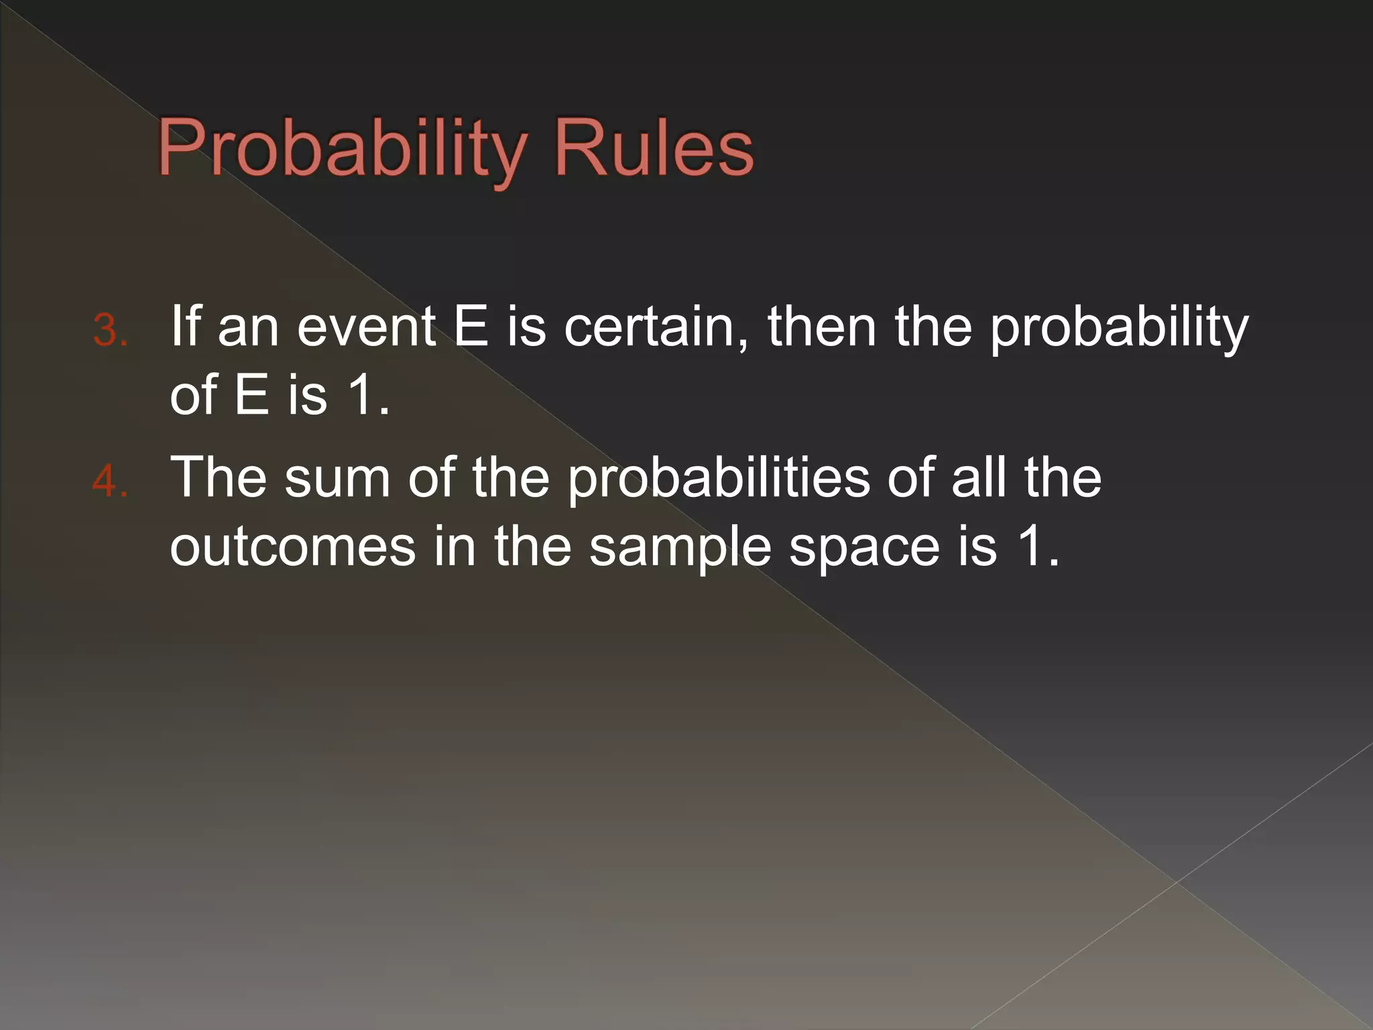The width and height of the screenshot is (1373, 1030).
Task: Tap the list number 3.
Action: pyautogui.click(x=109, y=331)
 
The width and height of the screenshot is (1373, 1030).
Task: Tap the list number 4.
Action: pyautogui.click(x=109, y=481)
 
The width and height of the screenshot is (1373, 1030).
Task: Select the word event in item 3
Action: pyautogui.click(x=367, y=327)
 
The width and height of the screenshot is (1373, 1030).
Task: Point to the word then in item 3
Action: pyautogui.click(x=822, y=327)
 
